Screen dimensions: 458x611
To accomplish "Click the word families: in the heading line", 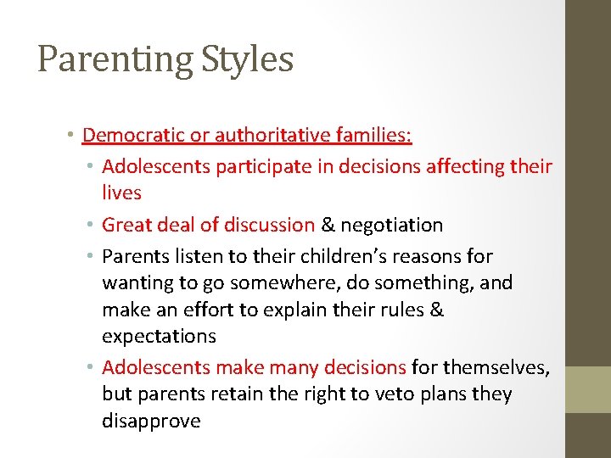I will (379, 136).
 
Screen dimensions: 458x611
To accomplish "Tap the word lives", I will (121, 193).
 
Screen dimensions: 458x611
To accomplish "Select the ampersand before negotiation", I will (328, 225).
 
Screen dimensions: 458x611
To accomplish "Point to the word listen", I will (193, 256).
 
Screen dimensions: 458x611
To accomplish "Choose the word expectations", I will (159, 336).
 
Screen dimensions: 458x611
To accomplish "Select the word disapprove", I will (151, 421).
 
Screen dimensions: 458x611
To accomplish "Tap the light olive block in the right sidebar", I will (588, 389).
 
